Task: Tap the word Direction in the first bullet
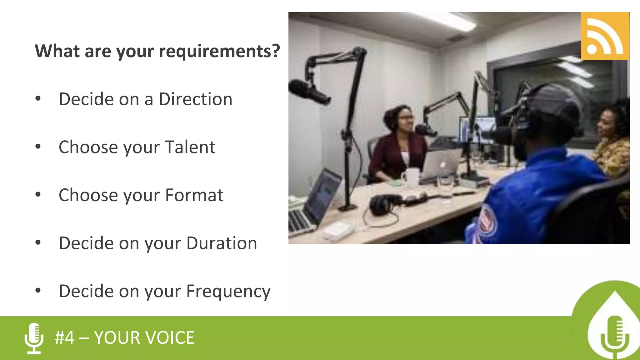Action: (x=195, y=99)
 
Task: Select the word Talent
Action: (x=190, y=147)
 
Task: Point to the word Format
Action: (x=194, y=195)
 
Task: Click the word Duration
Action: (x=222, y=243)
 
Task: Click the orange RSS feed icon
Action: (x=605, y=36)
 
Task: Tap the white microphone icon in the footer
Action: (x=34, y=338)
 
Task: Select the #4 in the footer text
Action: (x=65, y=338)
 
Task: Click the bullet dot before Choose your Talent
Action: (x=38, y=147)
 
